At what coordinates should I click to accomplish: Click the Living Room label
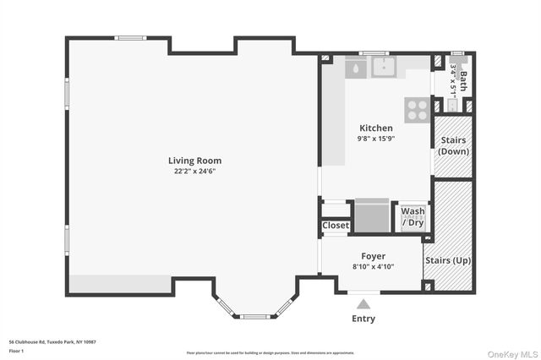pos(194,161)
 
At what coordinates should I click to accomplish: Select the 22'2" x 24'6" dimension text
pos(194,172)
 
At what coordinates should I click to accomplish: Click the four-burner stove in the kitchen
pos(417,109)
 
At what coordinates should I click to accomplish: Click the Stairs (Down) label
pos(451,145)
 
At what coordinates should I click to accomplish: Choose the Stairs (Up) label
pos(447,260)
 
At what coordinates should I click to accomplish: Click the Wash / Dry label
pos(413,216)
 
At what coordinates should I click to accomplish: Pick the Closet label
pos(336,226)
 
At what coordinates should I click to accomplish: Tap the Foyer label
pos(373,256)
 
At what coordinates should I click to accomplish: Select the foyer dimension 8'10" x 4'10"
pos(373,267)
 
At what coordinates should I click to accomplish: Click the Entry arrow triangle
pos(363,303)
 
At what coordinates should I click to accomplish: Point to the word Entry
pos(363,319)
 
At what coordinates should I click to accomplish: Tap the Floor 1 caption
pos(17,350)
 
